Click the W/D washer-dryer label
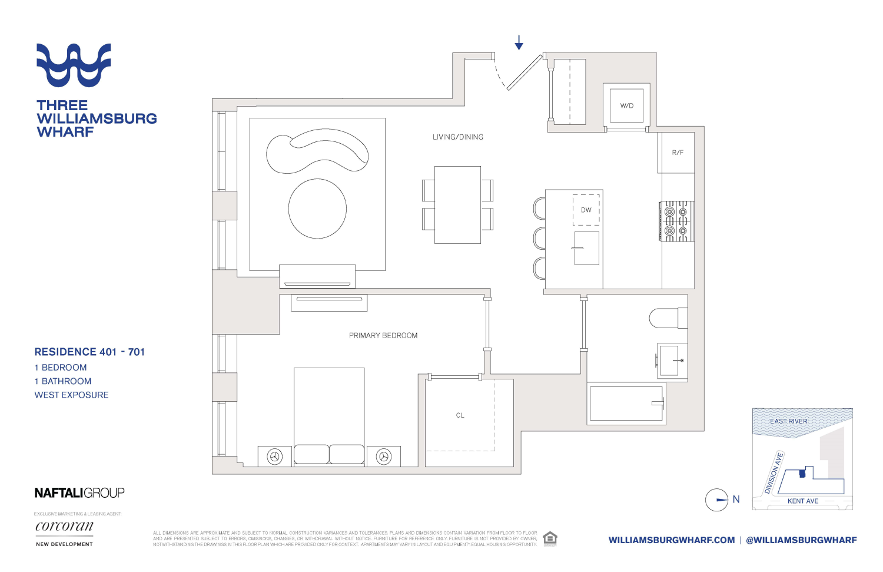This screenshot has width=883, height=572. (626, 106)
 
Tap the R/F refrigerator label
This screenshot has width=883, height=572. (678, 153)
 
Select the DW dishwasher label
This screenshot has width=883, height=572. (586, 210)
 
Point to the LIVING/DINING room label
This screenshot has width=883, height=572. (458, 137)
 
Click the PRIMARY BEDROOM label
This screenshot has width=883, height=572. (383, 336)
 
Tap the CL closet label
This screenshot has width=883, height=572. (460, 415)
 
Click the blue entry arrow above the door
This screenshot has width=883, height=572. (519, 42)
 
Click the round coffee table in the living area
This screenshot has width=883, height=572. (317, 209)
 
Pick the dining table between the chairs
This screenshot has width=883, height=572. (457, 205)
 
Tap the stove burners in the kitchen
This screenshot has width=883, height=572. (676, 221)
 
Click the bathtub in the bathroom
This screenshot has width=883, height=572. (626, 404)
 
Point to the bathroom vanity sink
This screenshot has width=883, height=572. (670, 361)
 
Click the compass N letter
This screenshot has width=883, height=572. (736, 500)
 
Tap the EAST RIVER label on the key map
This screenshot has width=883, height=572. (789, 421)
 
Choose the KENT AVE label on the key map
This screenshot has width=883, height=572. (803, 501)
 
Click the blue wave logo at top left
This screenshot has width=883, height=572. (74, 65)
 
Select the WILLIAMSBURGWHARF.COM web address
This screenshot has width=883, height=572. (672, 540)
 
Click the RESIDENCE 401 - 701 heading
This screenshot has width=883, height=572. (89, 352)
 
